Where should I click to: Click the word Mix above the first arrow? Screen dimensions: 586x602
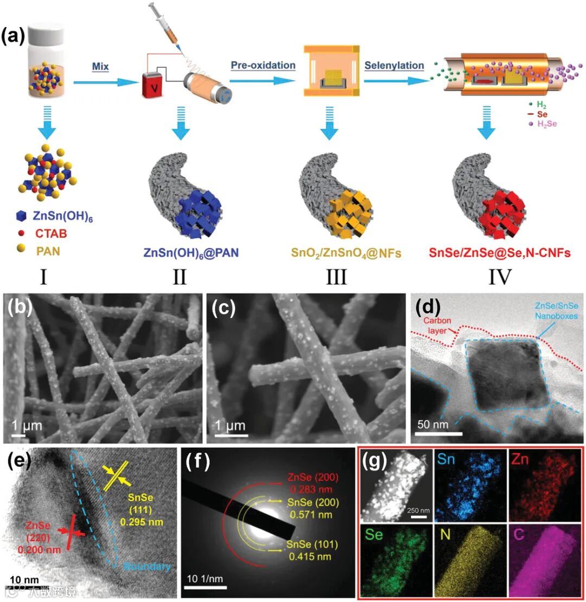point(100,67)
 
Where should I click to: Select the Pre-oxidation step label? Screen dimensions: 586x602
point(263,66)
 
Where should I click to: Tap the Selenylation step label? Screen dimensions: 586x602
point(394,66)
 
